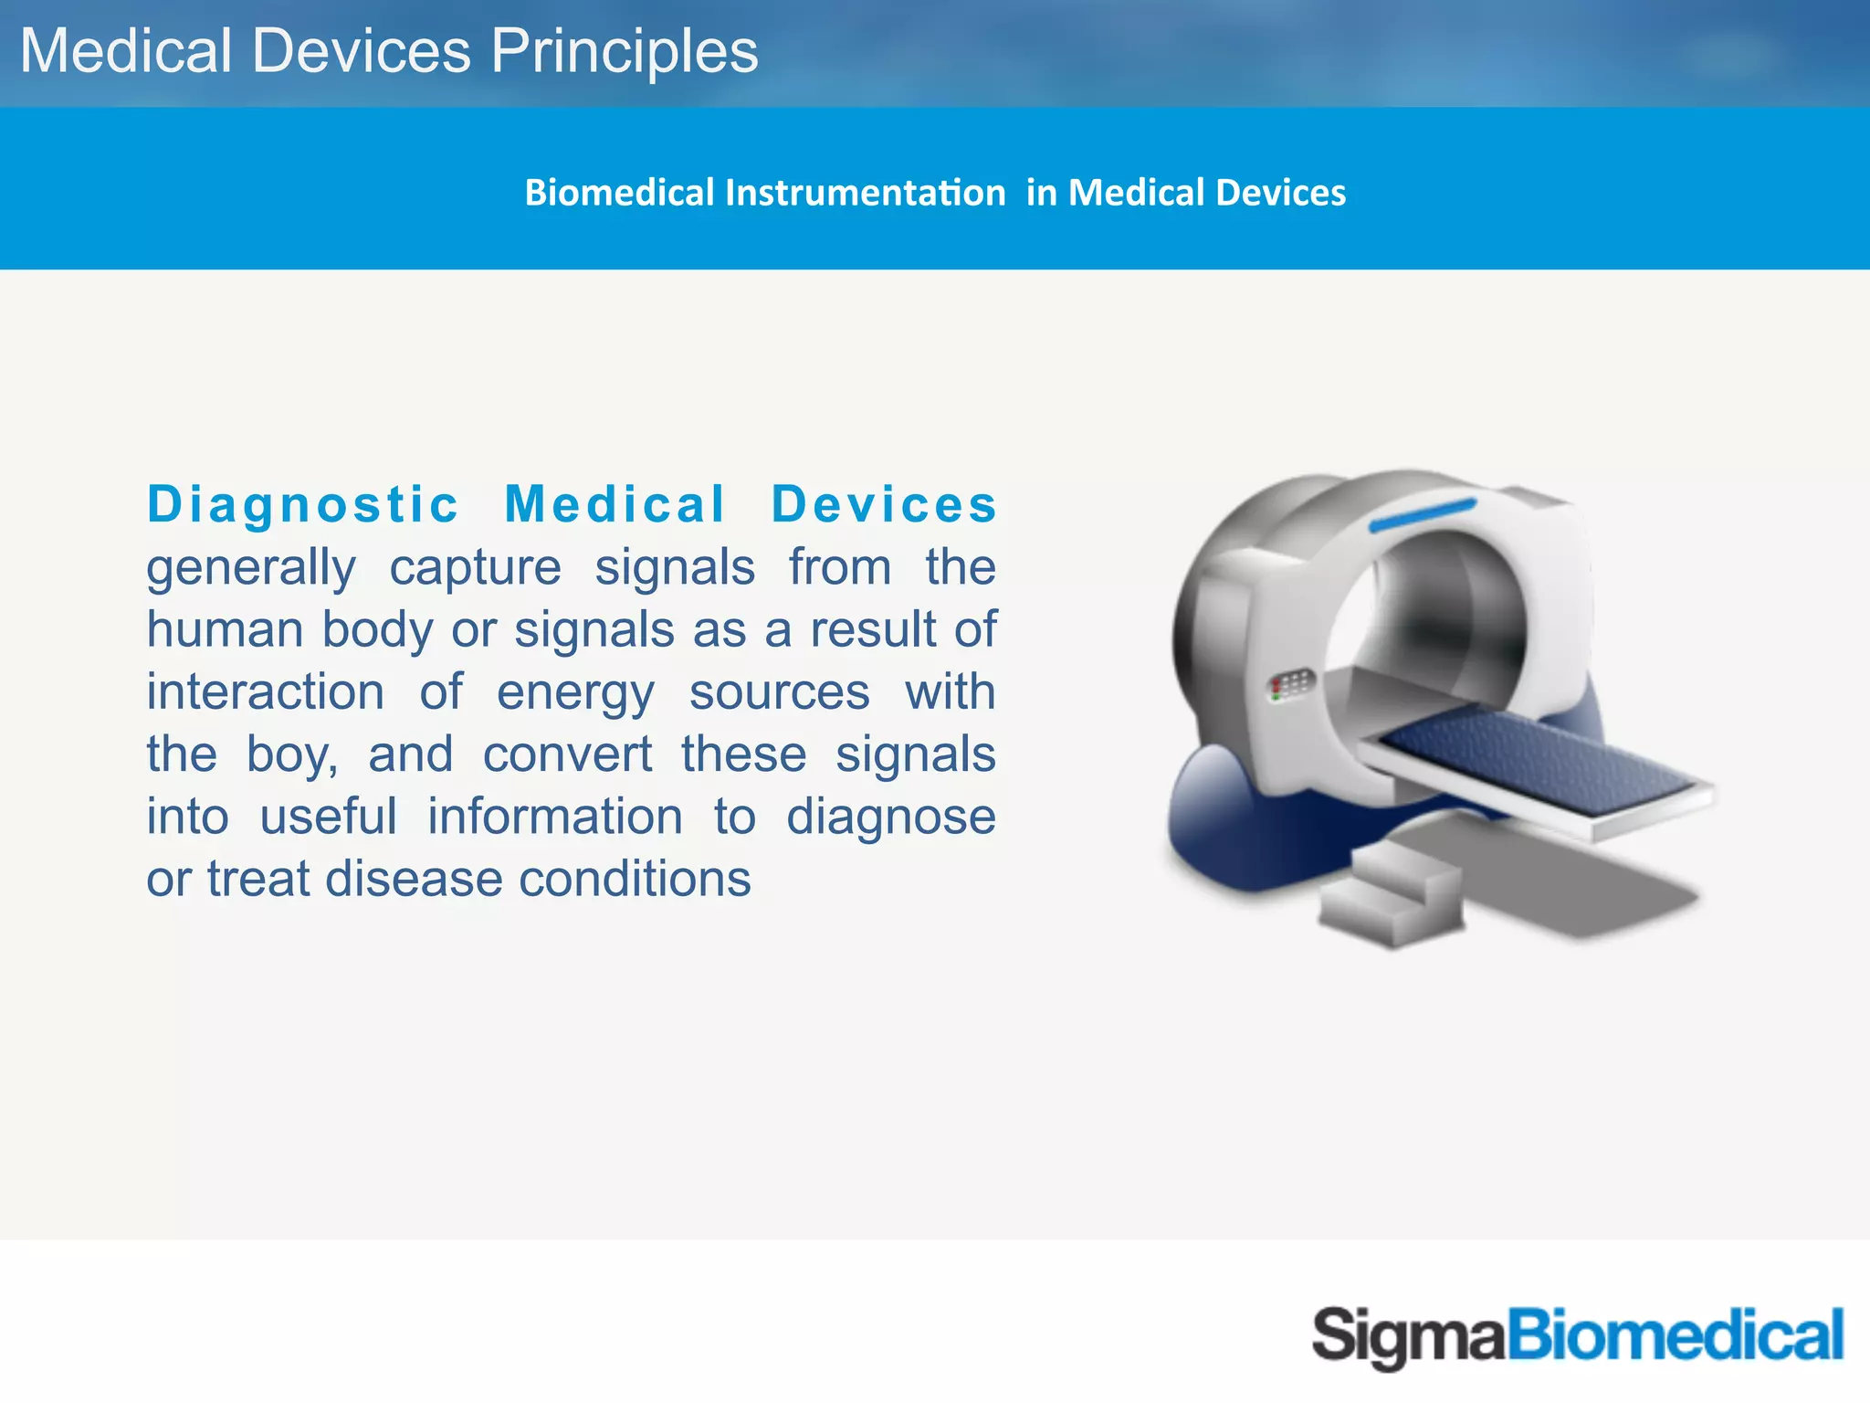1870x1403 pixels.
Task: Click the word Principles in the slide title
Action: tap(625, 51)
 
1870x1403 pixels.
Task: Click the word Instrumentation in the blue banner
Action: tap(865, 193)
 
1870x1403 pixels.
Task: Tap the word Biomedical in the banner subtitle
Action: tap(619, 193)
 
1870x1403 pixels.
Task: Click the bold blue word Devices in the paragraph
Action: tap(883, 504)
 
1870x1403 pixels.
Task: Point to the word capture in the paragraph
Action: tap(475, 568)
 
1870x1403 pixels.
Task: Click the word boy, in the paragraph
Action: tap(292, 755)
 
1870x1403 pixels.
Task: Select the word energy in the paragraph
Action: tap(575, 692)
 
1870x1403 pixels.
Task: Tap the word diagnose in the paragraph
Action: tap(890, 818)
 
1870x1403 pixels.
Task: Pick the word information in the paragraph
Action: tap(555, 817)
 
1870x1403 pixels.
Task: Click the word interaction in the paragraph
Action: tap(266, 692)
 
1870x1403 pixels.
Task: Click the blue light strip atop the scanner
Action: tap(1422, 515)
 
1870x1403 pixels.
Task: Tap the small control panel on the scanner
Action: tap(1292, 685)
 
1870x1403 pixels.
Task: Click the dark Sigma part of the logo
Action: tap(1407, 1335)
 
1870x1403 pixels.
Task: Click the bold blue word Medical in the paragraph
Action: tap(615, 504)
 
